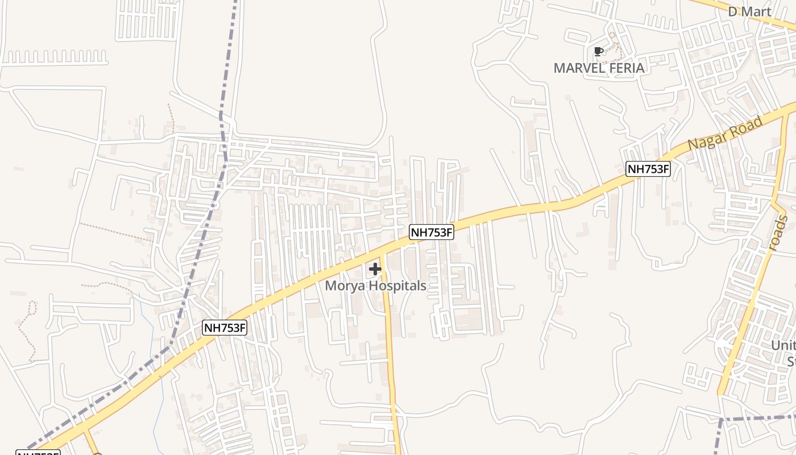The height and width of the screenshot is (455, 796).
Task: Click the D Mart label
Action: click(750, 12)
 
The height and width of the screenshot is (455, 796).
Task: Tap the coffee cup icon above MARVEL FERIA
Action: click(598, 52)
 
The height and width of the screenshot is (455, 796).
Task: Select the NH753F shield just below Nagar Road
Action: click(648, 168)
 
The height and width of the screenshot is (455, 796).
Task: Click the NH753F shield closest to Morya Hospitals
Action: click(432, 232)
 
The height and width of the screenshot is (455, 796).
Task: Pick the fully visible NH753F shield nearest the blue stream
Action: click(225, 328)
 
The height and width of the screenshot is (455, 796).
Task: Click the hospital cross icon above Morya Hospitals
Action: click(375, 268)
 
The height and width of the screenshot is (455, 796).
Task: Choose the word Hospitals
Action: click(399, 286)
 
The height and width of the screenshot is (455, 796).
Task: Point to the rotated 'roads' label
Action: click(777, 233)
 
